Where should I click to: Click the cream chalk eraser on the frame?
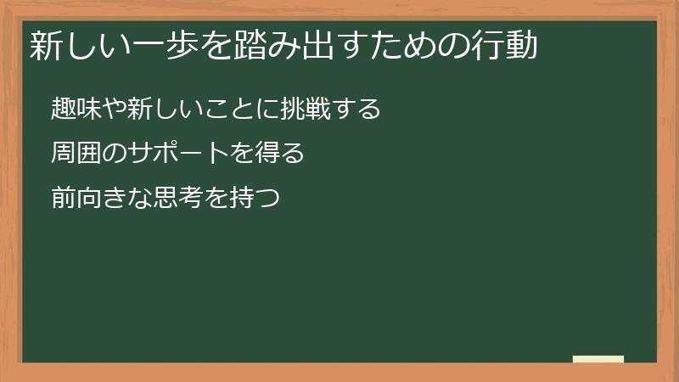[598, 359]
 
